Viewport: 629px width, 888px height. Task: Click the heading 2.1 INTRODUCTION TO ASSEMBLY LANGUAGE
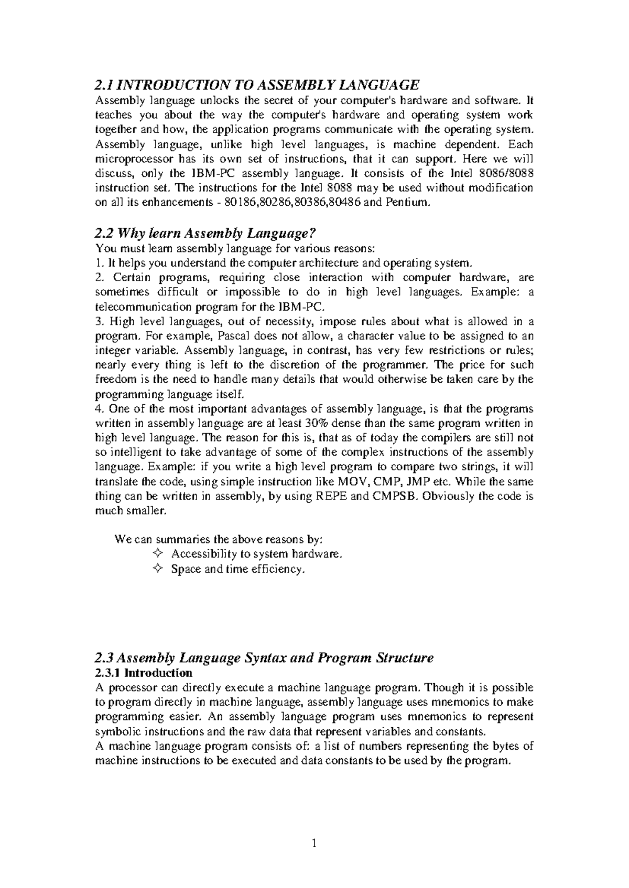[257, 84]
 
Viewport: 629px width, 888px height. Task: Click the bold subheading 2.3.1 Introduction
[144, 672]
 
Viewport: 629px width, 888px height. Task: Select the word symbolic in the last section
[115, 731]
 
